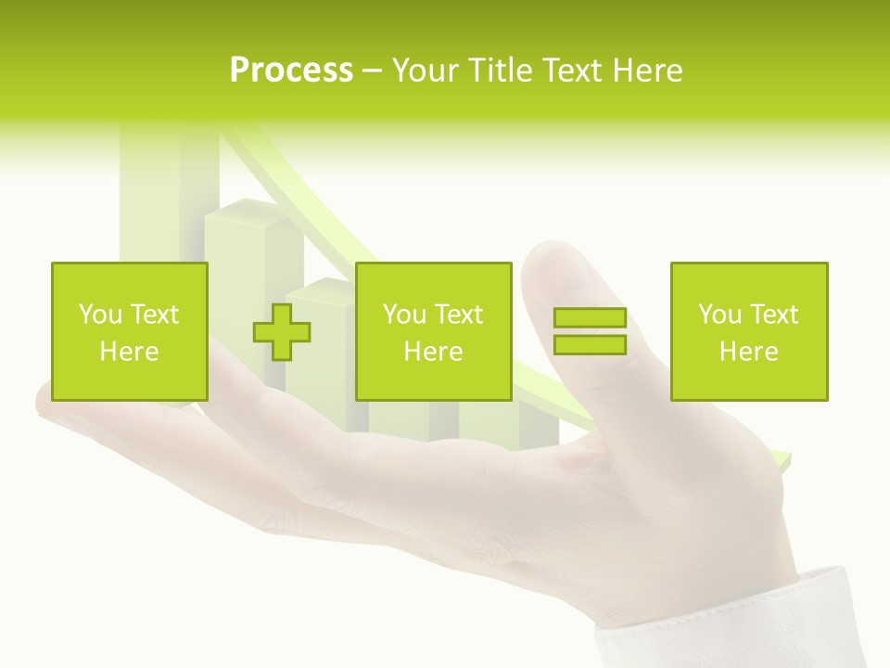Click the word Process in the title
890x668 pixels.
291,71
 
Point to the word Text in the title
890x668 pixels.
578,71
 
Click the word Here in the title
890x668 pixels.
648,71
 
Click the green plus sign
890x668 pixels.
282,331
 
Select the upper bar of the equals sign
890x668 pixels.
590,318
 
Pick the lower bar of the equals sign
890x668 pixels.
590,344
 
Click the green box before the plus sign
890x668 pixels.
130,278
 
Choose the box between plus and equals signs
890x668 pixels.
434,278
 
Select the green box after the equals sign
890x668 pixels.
749,278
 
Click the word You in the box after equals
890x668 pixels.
719,315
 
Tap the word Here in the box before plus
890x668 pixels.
129,352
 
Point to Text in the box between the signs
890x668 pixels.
459,315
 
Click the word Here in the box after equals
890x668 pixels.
748,352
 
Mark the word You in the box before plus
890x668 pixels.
100,315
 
